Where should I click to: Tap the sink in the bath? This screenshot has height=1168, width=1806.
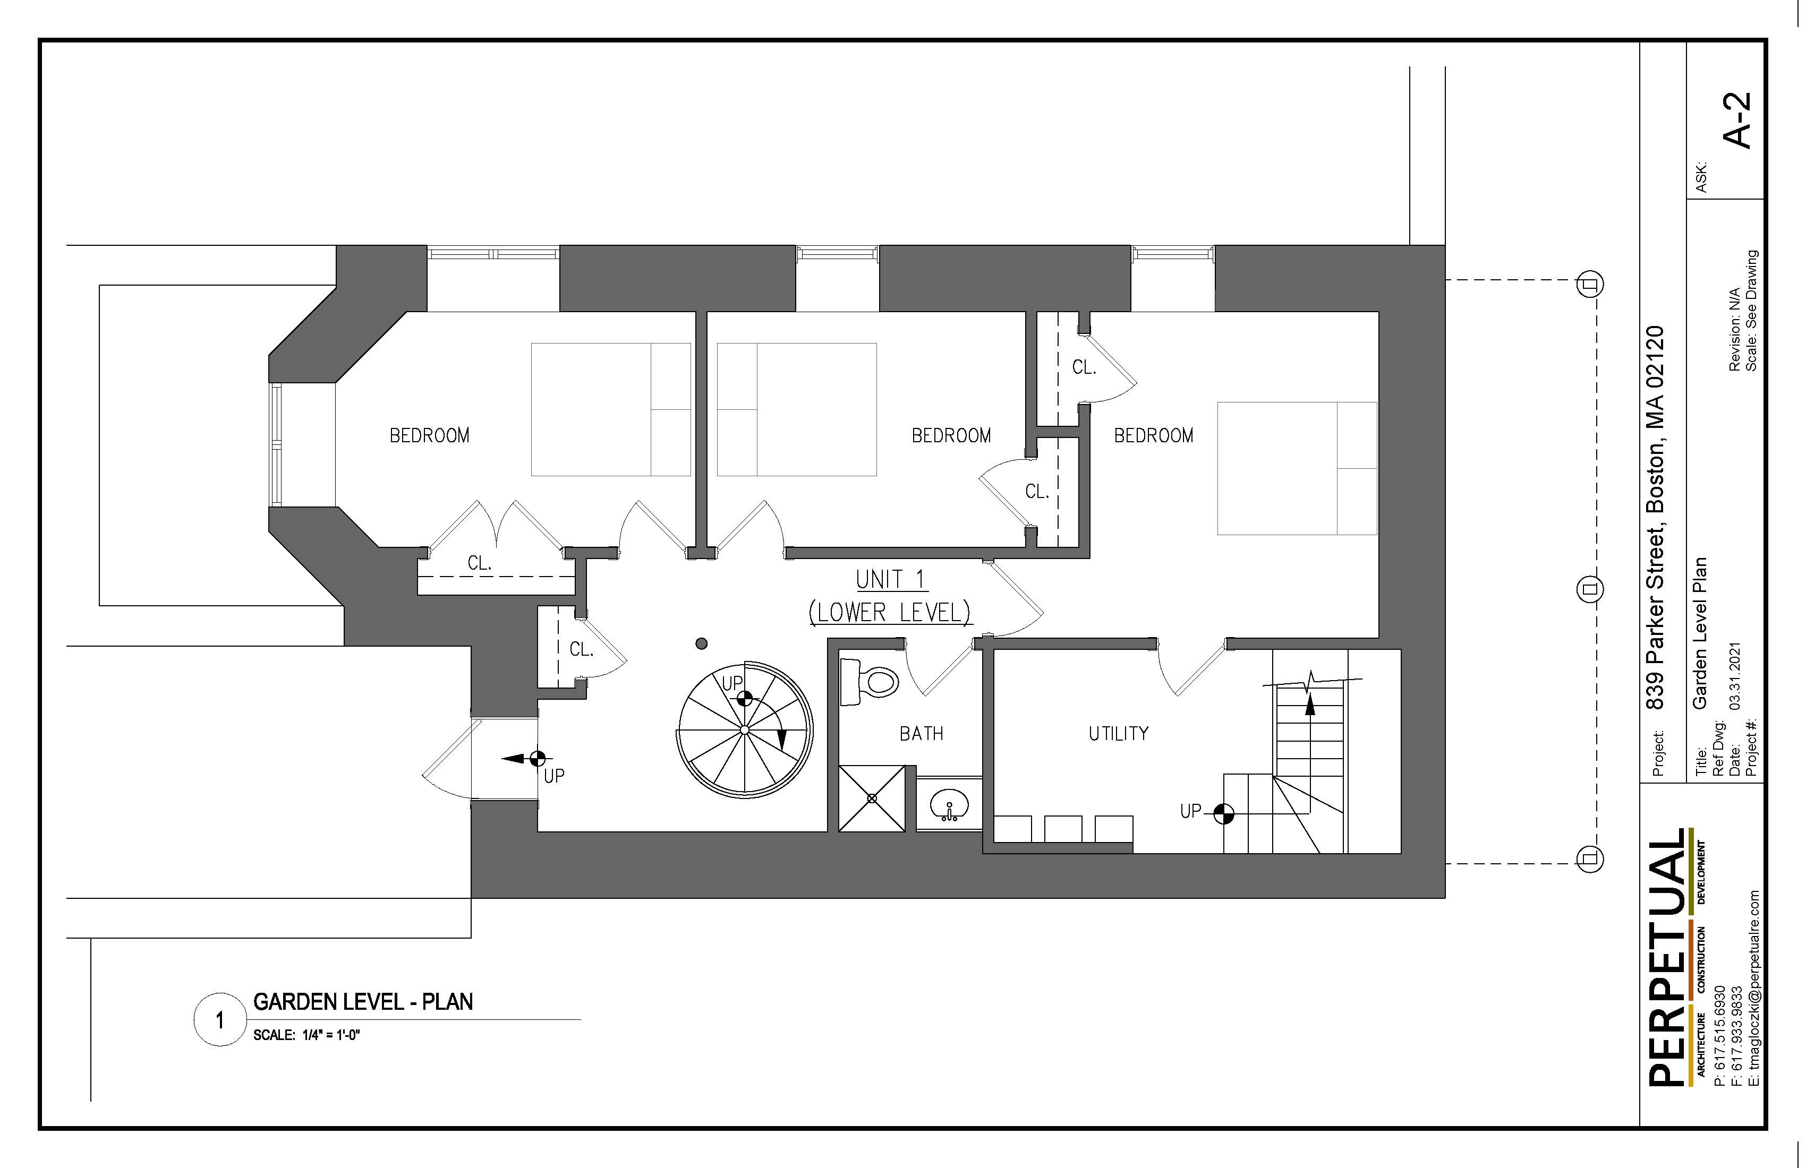click(x=949, y=804)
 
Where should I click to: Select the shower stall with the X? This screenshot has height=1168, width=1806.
click(x=872, y=798)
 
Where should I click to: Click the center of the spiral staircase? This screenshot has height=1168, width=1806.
click(x=744, y=729)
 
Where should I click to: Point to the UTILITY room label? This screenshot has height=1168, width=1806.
click(x=1119, y=733)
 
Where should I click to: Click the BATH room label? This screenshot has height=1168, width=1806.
click(x=921, y=733)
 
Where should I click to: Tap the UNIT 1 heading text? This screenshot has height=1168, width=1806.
click(x=891, y=579)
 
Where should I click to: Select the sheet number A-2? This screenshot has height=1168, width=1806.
click(x=1737, y=120)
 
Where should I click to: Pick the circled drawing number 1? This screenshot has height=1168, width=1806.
click(x=220, y=1020)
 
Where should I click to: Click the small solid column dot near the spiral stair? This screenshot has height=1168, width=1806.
click(x=701, y=643)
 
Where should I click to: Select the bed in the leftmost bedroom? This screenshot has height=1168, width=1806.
click(x=611, y=409)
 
